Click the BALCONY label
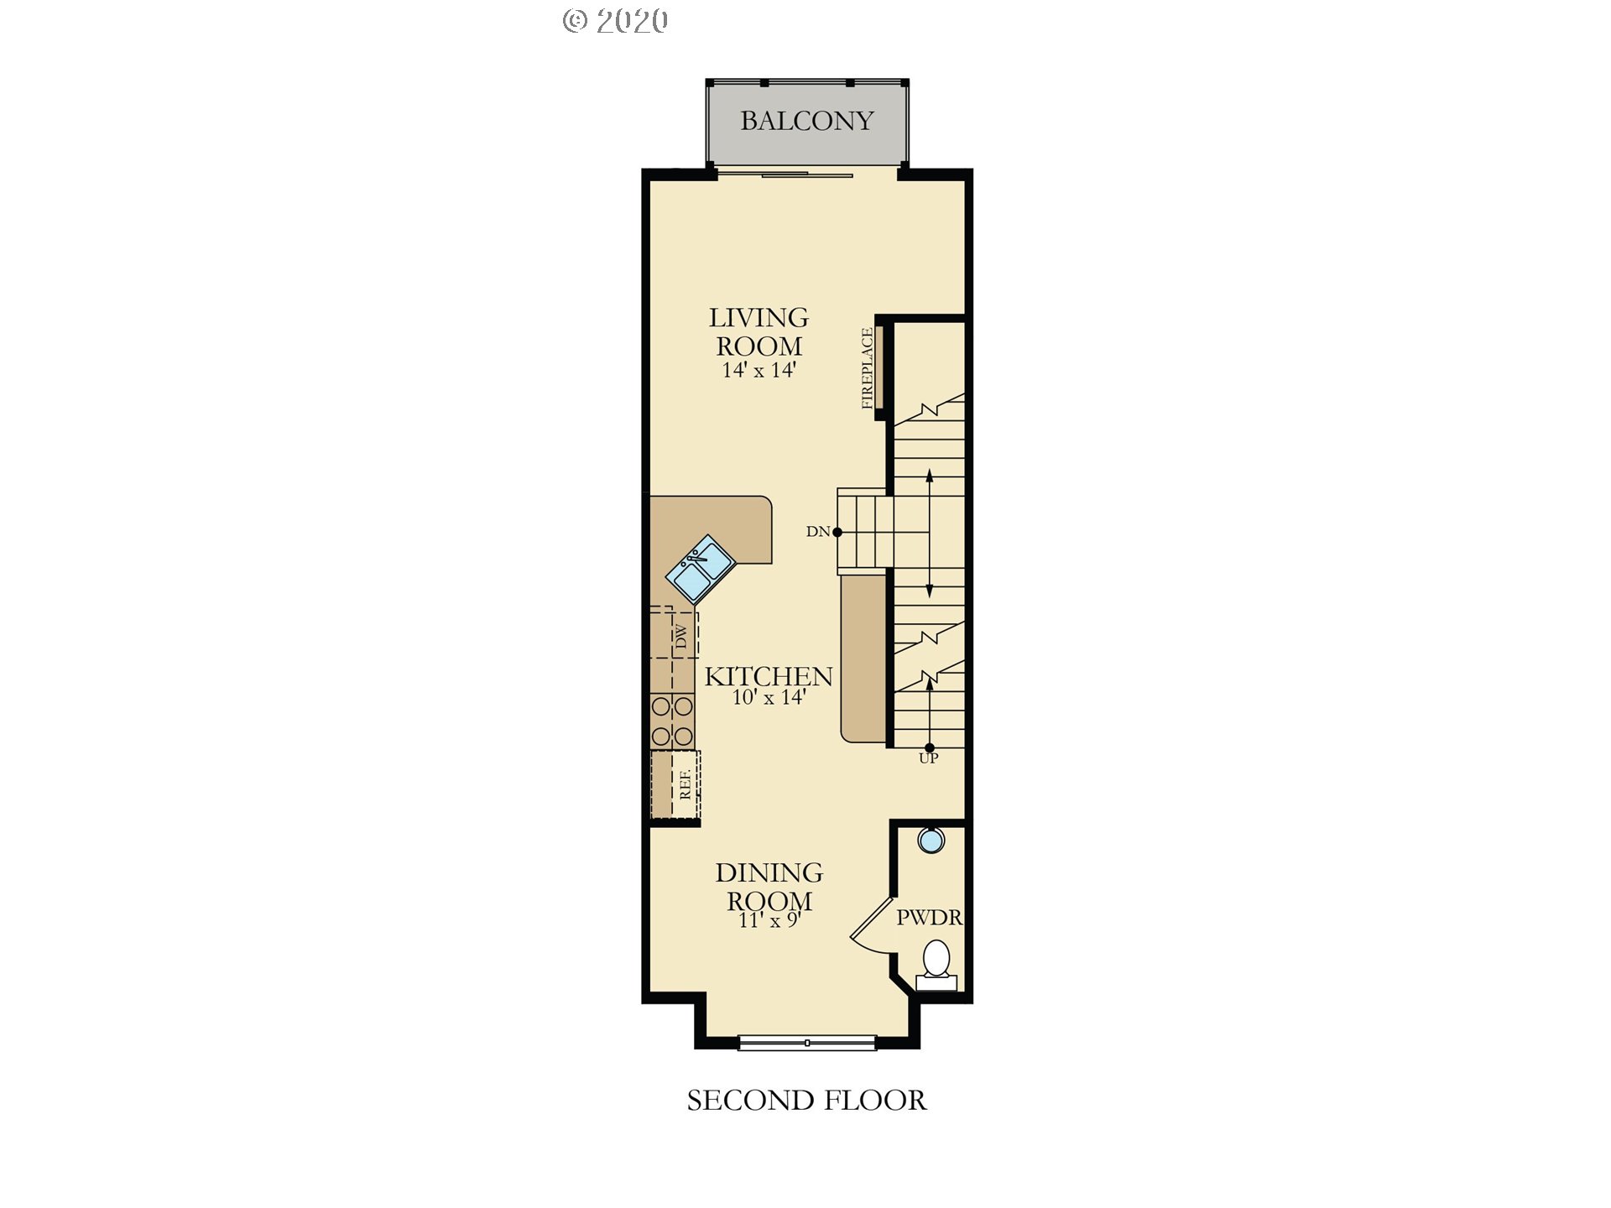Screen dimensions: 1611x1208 [807, 121]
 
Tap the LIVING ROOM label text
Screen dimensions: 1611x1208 [759, 331]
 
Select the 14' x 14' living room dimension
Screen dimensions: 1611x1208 [759, 370]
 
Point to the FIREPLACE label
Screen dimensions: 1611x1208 [868, 368]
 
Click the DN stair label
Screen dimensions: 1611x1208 [817, 531]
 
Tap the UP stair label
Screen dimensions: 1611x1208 [928, 758]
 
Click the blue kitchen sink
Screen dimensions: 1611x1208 [701, 569]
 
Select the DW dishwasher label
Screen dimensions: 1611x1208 [681, 637]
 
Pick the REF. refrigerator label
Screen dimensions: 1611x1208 [686, 784]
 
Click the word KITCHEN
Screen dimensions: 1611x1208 [769, 676]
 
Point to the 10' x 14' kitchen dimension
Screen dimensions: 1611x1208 [769, 697]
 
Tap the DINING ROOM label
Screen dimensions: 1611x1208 [769, 887]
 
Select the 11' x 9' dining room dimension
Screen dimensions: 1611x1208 [769, 920]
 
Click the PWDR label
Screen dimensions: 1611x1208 [929, 918]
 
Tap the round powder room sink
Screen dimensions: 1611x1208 [931, 840]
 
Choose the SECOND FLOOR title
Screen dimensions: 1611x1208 [807, 1101]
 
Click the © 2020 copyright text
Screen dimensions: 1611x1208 [616, 21]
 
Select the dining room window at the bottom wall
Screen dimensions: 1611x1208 [807, 1043]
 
